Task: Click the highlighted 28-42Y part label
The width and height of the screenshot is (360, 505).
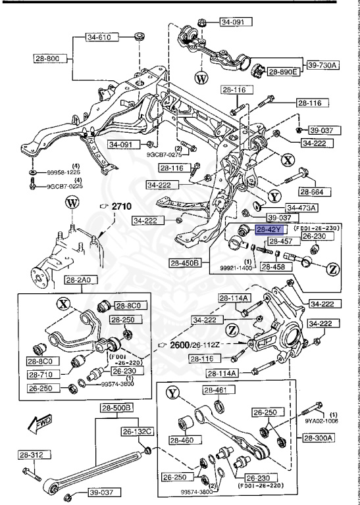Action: (269, 229)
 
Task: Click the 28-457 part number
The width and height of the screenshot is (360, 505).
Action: (271, 242)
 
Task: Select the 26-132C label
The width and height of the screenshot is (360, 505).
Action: (136, 431)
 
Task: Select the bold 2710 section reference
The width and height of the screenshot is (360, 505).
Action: (120, 206)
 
